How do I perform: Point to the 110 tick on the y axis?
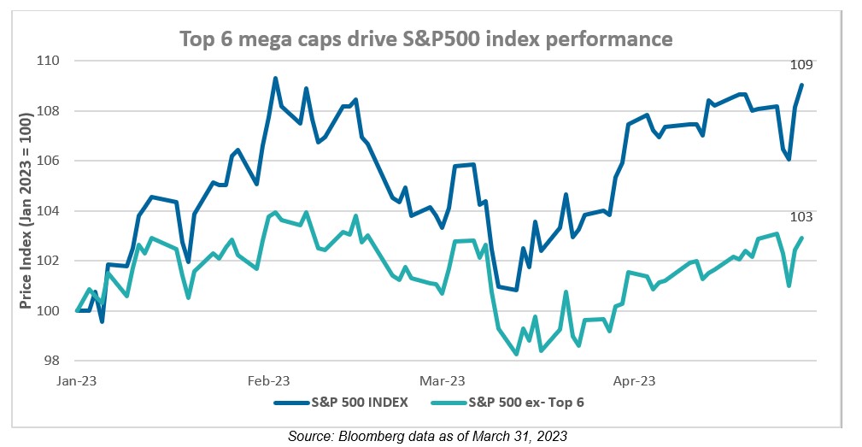pos(49,61)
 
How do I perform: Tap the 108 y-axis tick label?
pos(49,111)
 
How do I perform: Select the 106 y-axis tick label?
pos(49,161)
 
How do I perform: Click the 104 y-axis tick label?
pos(49,211)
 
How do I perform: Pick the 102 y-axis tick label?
pos(49,261)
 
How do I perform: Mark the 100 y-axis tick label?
pos(49,311)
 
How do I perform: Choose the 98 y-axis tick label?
pos(52,361)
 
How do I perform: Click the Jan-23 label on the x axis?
pos(78,379)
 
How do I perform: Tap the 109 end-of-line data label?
pos(801,64)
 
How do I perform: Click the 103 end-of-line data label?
pos(801,217)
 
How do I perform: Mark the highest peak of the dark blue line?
pos(275,78)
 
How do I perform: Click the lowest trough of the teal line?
pos(516,354)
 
